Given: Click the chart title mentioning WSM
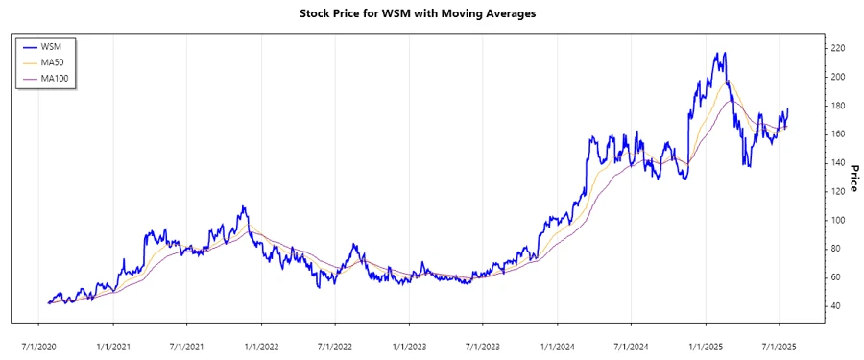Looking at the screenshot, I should pyautogui.click(x=432, y=14).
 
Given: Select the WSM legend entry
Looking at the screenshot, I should pyautogui.click(x=53, y=46).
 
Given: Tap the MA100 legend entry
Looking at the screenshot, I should pyautogui.click(x=57, y=78).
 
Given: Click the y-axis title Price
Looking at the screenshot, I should pyautogui.click(x=852, y=178).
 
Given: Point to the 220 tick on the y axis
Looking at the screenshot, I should pyautogui.click(x=838, y=48).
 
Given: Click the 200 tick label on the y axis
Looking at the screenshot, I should pyautogui.click(x=838, y=77).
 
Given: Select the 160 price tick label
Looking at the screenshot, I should pyautogui.click(x=838, y=134).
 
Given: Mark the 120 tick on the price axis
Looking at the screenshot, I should pyautogui.click(x=838, y=191).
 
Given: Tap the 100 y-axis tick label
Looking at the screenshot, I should pyautogui.click(x=838, y=220).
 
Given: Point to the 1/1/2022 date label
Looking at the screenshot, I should pyautogui.click(x=261, y=342).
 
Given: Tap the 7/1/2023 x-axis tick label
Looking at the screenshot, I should pyautogui.click(x=483, y=342).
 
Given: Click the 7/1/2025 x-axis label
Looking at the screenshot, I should pyautogui.click(x=779, y=342).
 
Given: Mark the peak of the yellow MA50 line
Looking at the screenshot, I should pyautogui.click(x=727, y=82).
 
